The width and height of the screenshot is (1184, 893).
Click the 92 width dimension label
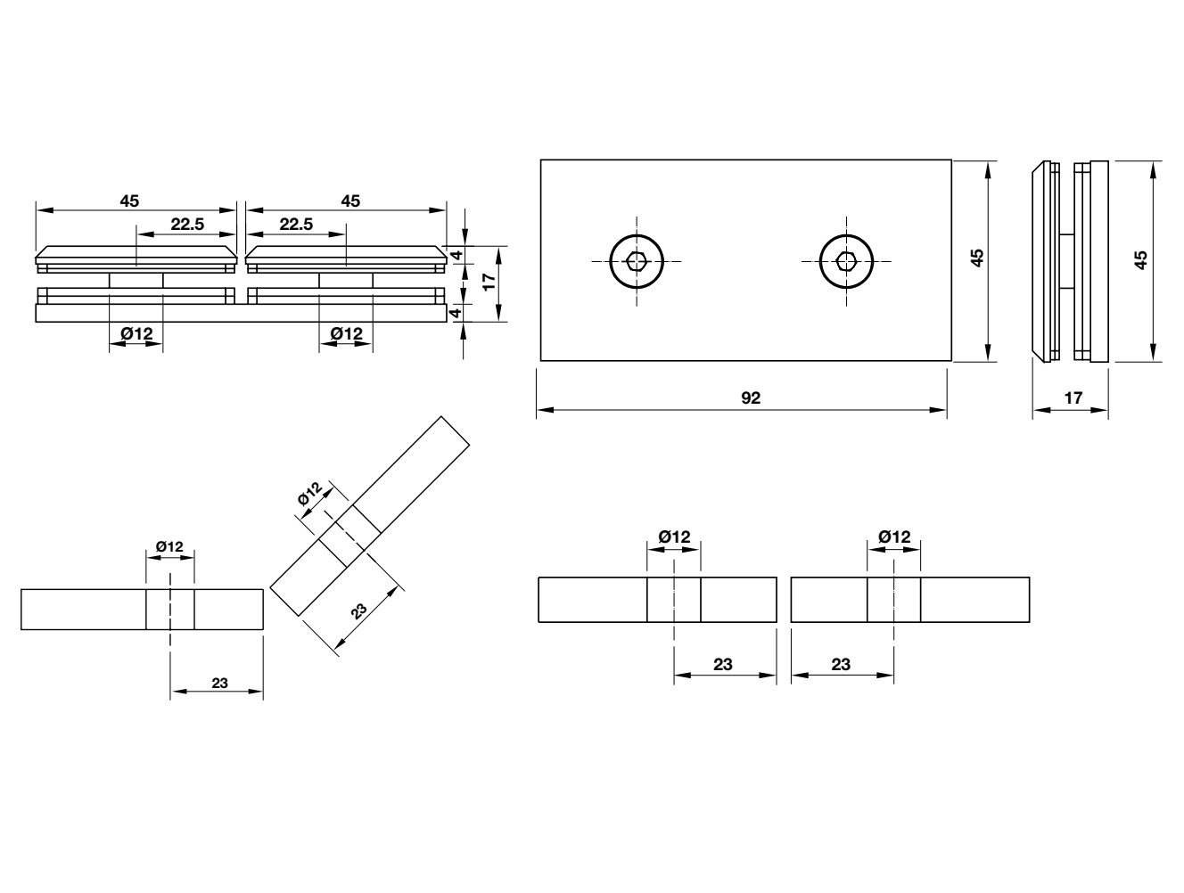751,398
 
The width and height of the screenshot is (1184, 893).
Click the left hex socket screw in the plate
637,261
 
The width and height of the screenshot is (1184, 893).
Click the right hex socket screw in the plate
846,261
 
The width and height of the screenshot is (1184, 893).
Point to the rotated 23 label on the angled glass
358,610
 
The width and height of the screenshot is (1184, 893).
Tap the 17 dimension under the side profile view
1073,398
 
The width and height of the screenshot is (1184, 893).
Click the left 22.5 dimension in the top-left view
187,225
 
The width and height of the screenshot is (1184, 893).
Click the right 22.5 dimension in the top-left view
296,225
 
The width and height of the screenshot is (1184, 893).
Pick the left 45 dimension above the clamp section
129,201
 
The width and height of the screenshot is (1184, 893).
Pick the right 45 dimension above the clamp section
350,201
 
